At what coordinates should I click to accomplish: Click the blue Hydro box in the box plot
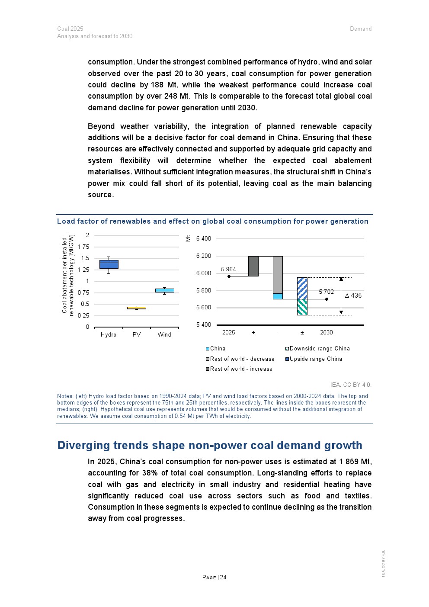pos(109,264)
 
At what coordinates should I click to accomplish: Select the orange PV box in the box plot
pos(136,308)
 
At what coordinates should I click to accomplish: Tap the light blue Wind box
pos(164,291)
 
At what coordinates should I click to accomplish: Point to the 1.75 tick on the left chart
pos(83,247)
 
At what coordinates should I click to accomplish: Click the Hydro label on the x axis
pos(109,334)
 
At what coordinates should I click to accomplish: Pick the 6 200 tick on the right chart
pos(204,256)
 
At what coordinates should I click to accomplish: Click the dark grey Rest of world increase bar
pos(253,266)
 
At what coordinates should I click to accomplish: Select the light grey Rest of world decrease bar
pos(277,274)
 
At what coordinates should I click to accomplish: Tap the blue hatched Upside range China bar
pos(302,288)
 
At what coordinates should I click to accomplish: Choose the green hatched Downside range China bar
pos(302,307)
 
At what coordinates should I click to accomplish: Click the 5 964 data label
pos(228,269)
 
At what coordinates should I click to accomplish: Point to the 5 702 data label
pos(327,292)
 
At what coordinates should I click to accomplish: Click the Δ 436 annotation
pos(353,295)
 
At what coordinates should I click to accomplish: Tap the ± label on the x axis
pos(302,332)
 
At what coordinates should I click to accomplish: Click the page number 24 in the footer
pos(223,577)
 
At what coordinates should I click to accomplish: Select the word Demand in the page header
pos(361,29)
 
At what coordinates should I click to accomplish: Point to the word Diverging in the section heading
pos(83,445)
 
